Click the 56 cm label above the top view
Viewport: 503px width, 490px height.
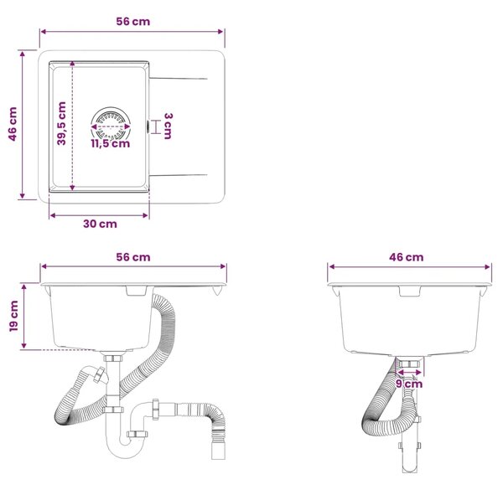click(132, 22)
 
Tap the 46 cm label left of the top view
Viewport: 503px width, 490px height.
click(13, 124)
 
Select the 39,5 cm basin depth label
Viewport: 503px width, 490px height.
click(61, 123)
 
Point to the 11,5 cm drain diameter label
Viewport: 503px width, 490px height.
click(111, 143)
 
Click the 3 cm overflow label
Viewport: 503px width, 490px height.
click(168, 126)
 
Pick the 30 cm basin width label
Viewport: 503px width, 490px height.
click(100, 224)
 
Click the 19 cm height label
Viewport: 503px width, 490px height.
click(13, 316)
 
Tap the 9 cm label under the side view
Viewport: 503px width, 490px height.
click(409, 384)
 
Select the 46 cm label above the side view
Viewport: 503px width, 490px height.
click(406, 257)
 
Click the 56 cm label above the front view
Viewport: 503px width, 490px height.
click(133, 257)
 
